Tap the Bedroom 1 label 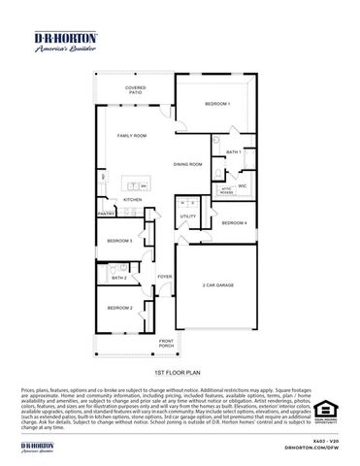pyautogui.click(x=216, y=103)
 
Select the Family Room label pyautogui.click(x=133, y=137)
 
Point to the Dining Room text pyautogui.click(x=187, y=164)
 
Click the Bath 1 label pyautogui.click(x=233, y=152)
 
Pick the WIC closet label pyautogui.click(x=242, y=184)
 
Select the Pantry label pyautogui.click(x=106, y=213)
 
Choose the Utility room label pyautogui.click(x=188, y=216)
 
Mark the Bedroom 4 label pyautogui.click(x=233, y=223)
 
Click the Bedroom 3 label pyautogui.click(x=119, y=239)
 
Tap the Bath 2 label pyautogui.click(x=118, y=278)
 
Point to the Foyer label pyautogui.click(x=165, y=277)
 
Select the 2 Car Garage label pyautogui.click(x=218, y=285)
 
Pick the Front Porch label pyautogui.click(x=167, y=343)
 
